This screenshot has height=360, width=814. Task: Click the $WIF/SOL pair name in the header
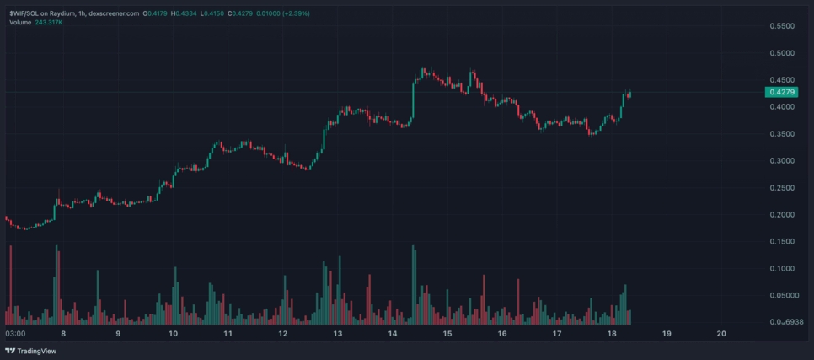pos(24,13)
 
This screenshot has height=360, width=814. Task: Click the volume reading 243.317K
pos(49,22)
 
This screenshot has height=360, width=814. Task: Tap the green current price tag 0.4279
pos(781,91)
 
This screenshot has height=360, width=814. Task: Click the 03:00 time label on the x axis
pos(15,334)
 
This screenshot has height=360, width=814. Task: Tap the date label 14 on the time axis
pos(392,334)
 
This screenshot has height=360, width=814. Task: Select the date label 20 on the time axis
pos(720,334)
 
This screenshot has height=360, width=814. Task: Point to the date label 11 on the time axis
pos(228,334)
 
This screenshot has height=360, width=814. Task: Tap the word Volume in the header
pos(20,22)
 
